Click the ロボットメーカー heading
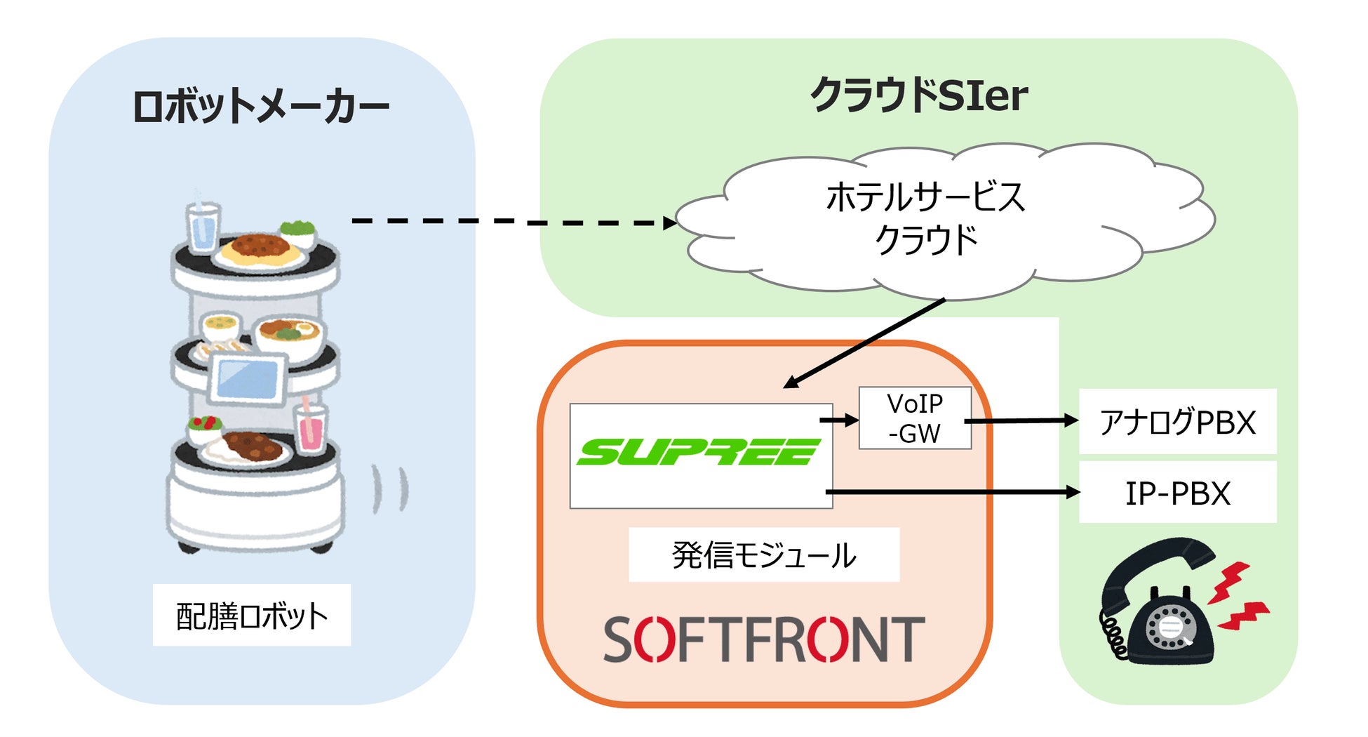pyautogui.click(x=261, y=107)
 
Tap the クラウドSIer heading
pyautogui.click(x=919, y=95)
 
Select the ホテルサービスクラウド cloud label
pyautogui.click(x=926, y=218)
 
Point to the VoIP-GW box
pyautogui.click(x=915, y=418)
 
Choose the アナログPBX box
pyautogui.click(x=1177, y=422)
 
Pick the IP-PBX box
pyautogui.click(x=1177, y=493)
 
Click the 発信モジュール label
pyautogui.click(x=764, y=555)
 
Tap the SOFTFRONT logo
pyautogui.click(x=764, y=639)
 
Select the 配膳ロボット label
pyautogui.click(x=252, y=616)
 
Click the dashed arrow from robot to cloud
pyautogui.click(x=512, y=222)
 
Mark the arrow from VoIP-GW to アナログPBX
pyautogui.click(x=1021, y=421)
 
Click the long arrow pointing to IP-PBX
pyautogui.click(x=954, y=492)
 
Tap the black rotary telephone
pyautogui.click(x=1158, y=604)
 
